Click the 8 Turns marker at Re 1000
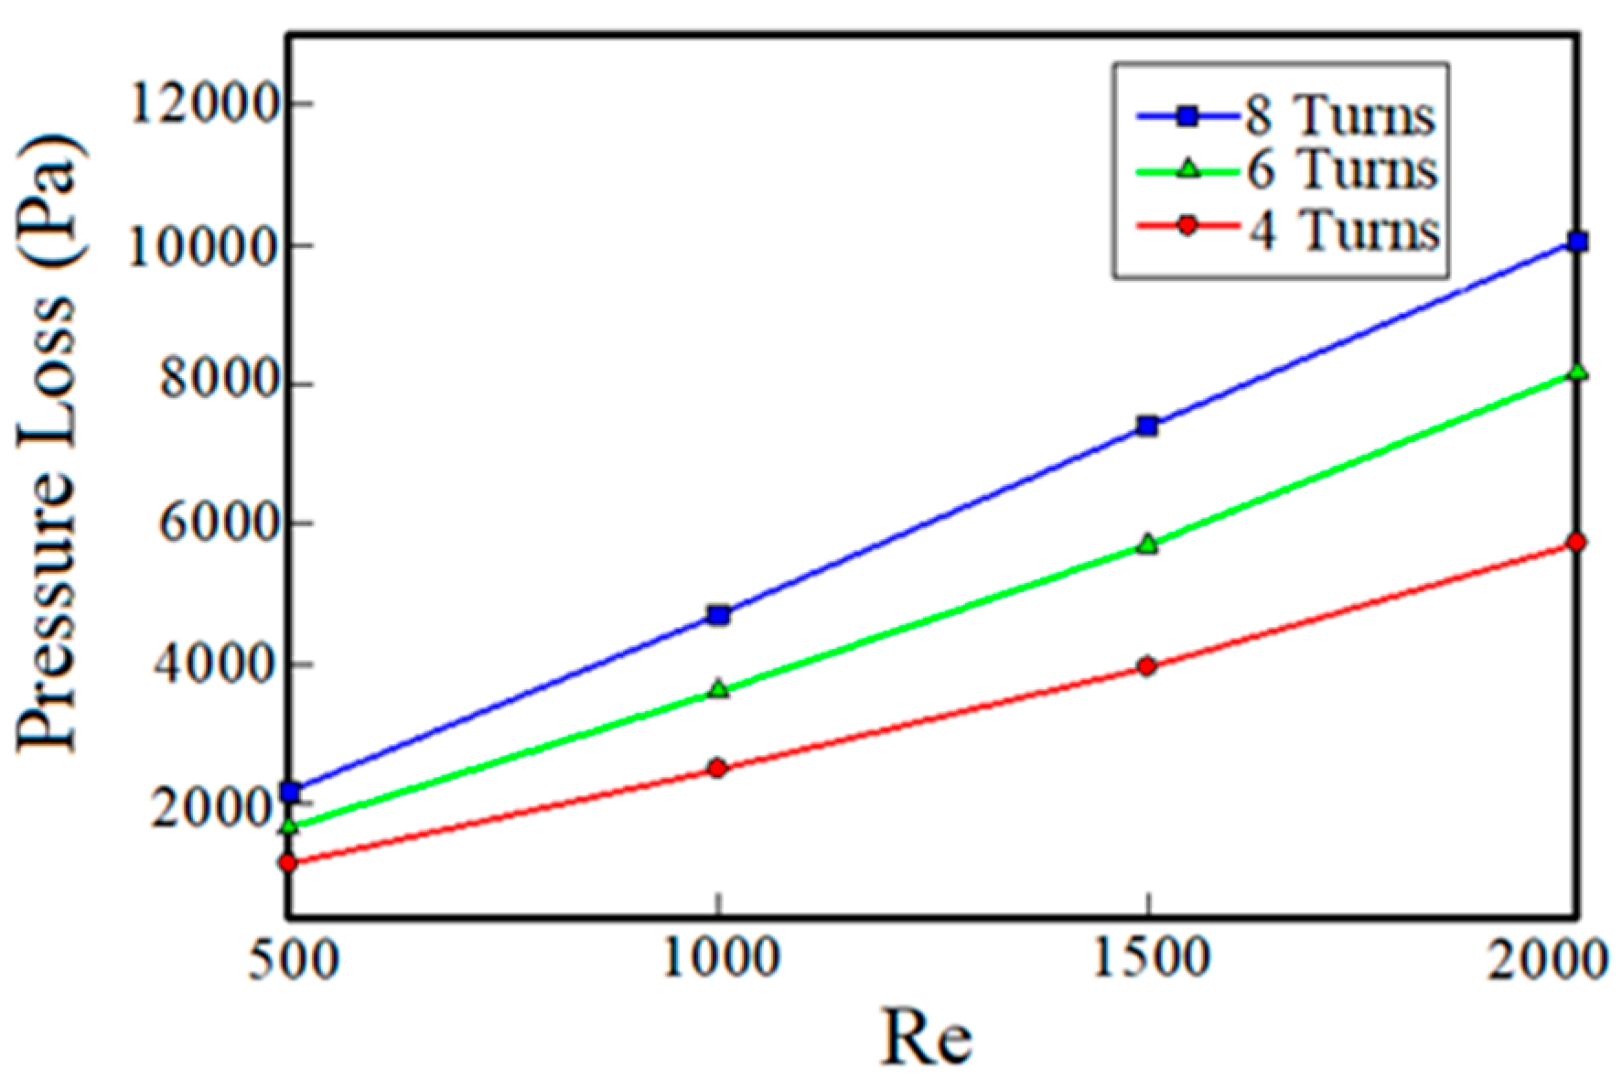tap(719, 615)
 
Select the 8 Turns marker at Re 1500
tap(1147, 426)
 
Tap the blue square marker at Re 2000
tap(1577, 242)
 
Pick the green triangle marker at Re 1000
tap(719, 689)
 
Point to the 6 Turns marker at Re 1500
tap(1147, 545)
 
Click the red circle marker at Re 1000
tap(718, 768)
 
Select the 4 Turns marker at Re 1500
tap(1147, 666)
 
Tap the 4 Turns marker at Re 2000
tap(1576, 543)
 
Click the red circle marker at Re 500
tap(289, 862)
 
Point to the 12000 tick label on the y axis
tap(204, 103)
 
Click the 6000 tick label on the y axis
tap(219, 523)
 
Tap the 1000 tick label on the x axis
tap(720, 958)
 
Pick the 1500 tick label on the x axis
tap(1150, 958)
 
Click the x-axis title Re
tap(926, 1038)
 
